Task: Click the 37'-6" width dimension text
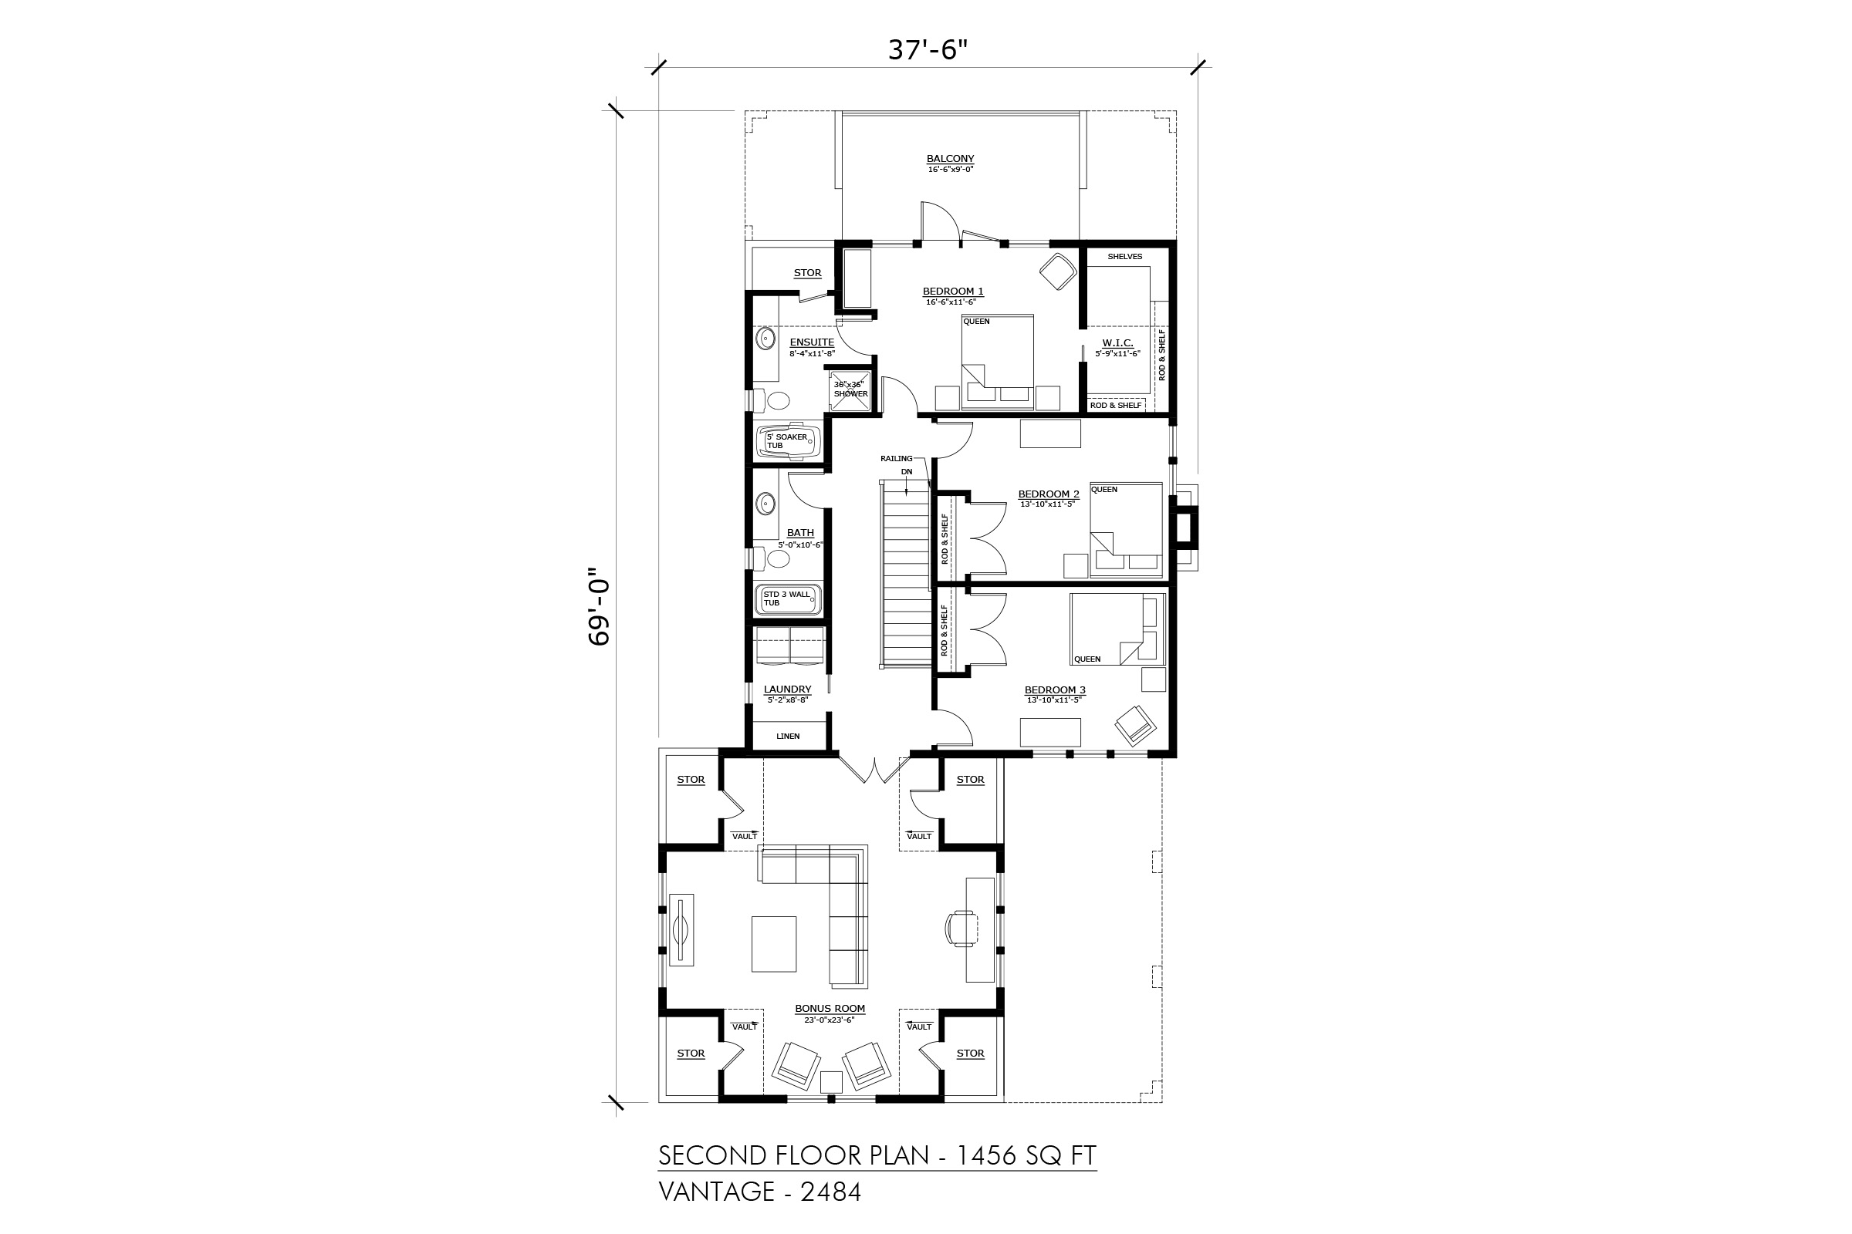click(928, 50)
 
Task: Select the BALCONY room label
click(951, 159)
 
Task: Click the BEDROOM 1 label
click(953, 292)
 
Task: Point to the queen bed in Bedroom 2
click(1126, 529)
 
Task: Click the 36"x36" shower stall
click(850, 389)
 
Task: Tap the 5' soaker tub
click(788, 442)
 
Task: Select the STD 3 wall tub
click(788, 599)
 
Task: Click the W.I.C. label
click(1117, 343)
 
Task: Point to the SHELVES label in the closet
click(1124, 257)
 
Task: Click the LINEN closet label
click(788, 737)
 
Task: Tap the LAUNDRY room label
click(787, 689)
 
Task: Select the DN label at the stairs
click(907, 472)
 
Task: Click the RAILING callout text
click(897, 458)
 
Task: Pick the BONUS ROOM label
click(830, 1008)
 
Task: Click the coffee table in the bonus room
click(774, 943)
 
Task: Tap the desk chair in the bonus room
click(961, 927)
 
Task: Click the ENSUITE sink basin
click(765, 339)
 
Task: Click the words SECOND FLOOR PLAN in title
click(794, 1155)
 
